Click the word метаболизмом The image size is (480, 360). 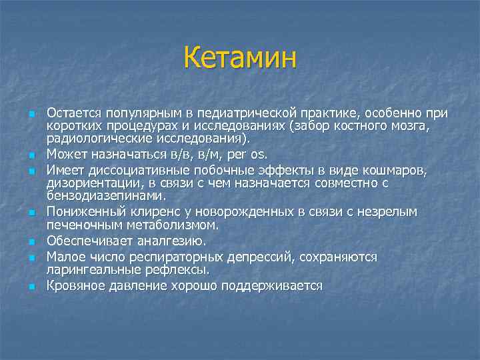click(147, 225)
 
